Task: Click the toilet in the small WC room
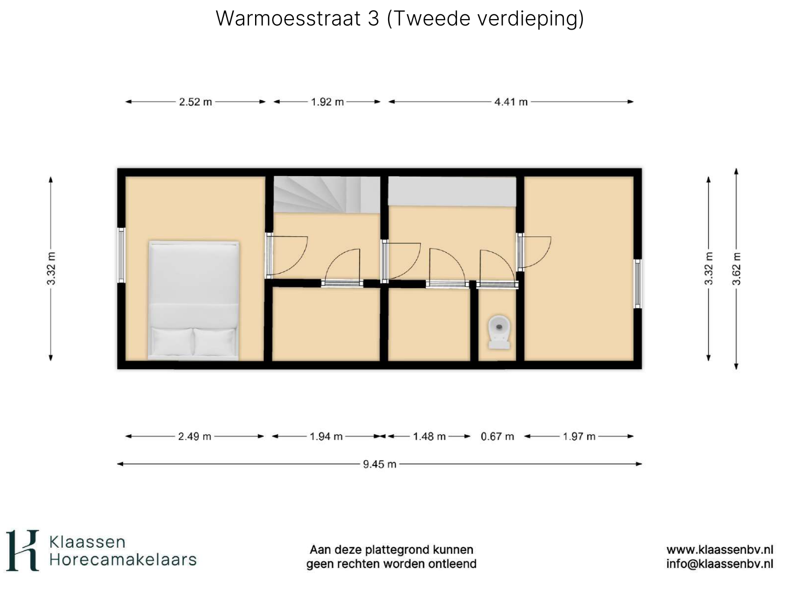[499, 332]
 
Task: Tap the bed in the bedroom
[194, 300]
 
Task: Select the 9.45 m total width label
[379, 464]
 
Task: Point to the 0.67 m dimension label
[497, 436]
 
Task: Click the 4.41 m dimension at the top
[511, 102]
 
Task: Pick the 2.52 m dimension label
[195, 102]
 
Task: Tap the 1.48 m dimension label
[429, 436]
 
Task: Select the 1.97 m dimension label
[579, 436]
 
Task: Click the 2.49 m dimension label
[194, 436]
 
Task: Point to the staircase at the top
[327, 195]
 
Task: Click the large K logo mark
[22, 550]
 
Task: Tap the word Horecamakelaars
[123, 560]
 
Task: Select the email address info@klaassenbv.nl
[719, 564]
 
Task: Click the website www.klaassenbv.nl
[720, 549]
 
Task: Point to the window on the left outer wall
[122, 255]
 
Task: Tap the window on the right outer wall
[638, 284]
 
